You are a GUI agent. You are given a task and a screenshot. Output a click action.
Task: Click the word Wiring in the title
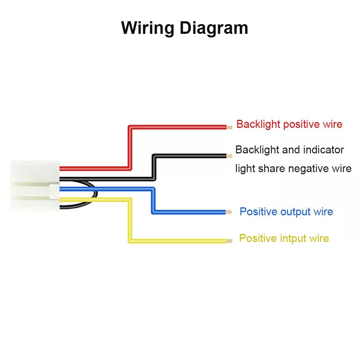click(147, 28)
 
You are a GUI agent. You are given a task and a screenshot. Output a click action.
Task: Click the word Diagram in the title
click(214, 28)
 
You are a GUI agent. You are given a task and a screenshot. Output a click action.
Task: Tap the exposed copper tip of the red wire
click(229, 127)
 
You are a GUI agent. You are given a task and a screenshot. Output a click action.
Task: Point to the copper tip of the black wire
click(229, 156)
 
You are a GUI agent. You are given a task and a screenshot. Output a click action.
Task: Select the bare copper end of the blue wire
click(229, 212)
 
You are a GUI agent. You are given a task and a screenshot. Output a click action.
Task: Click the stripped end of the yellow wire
click(229, 241)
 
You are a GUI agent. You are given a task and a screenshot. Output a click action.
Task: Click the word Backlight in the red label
click(258, 125)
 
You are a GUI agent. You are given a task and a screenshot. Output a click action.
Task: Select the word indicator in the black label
click(324, 150)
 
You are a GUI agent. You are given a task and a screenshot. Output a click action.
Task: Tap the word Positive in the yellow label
click(258, 238)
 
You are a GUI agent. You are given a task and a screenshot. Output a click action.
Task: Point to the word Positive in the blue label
click(258, 212)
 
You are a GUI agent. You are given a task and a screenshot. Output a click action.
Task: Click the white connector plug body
click(35, 186)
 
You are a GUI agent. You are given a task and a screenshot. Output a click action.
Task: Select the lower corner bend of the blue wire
click(153, 212)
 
